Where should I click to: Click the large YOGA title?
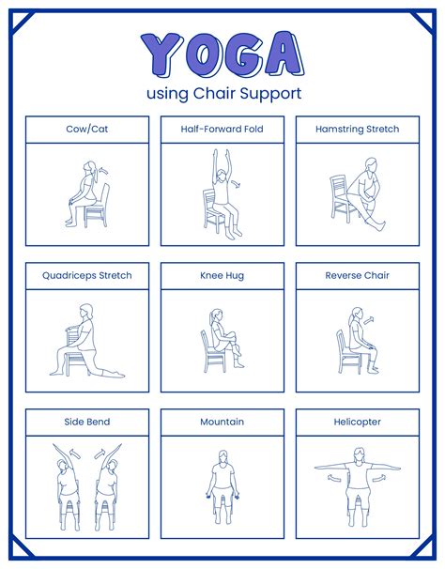(222, 55)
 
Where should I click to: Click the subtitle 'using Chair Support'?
(222, 93)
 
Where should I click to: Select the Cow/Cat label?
(87, 129)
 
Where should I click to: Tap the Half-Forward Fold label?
(222, 129)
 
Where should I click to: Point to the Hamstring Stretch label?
(357, 129)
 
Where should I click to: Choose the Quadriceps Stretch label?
(87, 276)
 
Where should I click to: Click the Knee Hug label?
(222, 276)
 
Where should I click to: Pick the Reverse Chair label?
(357, 276)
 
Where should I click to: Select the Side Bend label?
(87, 423)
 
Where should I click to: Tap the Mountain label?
(222, 423)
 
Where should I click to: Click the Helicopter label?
(357, 423)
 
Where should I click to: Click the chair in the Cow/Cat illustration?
(96, 208)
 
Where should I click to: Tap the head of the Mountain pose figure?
(222, 456)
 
